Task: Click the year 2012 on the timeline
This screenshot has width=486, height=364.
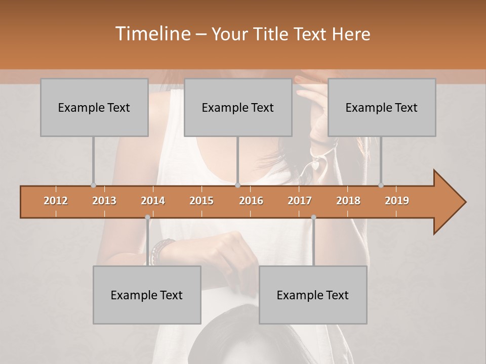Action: pos(56,201)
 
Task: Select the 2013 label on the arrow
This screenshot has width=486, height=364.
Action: pos(104,201)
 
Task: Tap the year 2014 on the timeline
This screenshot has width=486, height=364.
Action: pos(153,201)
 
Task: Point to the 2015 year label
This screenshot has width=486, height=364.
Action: pos(201,201)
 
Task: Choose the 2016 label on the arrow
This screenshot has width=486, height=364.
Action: pos(251,201)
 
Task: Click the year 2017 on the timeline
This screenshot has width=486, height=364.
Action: pos(300,201)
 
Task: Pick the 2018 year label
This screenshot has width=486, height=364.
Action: pos(348,201)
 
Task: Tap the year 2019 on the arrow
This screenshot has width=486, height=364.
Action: pos(397,201)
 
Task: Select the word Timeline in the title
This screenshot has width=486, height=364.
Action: pos(152,34)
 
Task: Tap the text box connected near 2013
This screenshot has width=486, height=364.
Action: pos(94,107)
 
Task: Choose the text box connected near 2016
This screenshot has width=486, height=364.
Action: pos(238,107)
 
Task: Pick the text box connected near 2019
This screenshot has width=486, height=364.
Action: pos(382,107)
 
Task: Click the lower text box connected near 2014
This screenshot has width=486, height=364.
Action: pos(147,295)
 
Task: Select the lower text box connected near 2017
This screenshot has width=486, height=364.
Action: pos(313,295)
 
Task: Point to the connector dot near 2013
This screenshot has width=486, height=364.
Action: pos(93,185)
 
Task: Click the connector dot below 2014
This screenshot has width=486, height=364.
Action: pos(147,217)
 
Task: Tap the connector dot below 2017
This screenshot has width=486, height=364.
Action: pos(313,217)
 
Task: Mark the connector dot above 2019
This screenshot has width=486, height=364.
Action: pos(381,185)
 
